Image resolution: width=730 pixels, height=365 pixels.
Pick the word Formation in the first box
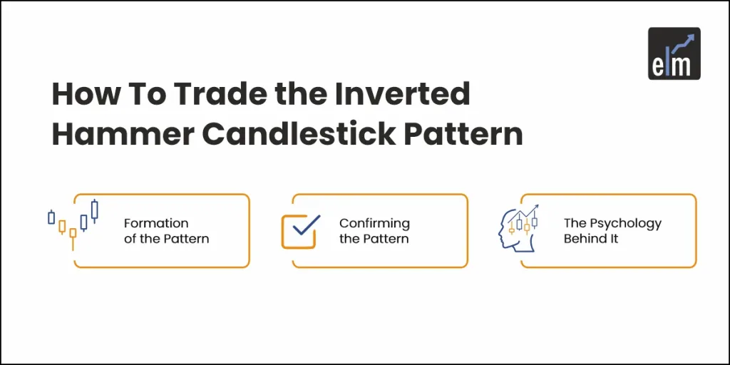(x=156, y=223)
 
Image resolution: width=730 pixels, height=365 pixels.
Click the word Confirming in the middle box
(x=374, y=223)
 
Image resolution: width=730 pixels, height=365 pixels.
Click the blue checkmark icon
(x=306, y=226)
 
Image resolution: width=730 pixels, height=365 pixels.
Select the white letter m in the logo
(x=684, y=66)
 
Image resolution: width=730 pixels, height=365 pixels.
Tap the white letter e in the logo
(x=659, y=66)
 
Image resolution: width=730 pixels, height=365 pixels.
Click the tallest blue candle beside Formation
(x=95, y=210)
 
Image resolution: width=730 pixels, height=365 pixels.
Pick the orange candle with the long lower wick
(x=73, y=233)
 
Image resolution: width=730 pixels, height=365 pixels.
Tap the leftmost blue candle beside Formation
(x=51, y=217)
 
